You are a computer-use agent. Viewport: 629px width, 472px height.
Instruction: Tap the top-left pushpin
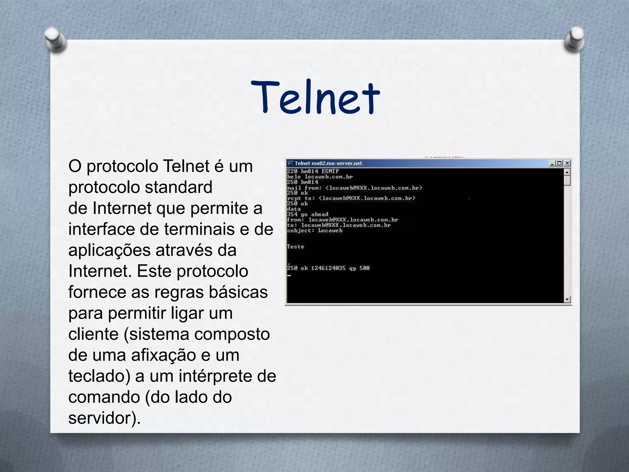coord(55,39)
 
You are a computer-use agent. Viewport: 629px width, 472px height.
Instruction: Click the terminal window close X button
coord(568,163)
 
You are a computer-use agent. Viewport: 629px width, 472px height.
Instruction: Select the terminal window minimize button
coord(553,163)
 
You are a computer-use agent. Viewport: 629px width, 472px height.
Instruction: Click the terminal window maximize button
coord(560,163)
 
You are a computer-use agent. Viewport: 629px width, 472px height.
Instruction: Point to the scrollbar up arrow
coord(567,172)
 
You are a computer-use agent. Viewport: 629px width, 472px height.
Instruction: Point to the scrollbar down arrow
coord(567,299)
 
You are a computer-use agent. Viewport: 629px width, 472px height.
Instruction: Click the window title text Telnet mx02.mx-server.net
coord(328,163)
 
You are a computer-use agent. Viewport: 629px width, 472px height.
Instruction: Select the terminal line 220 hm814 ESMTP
coord(313,171)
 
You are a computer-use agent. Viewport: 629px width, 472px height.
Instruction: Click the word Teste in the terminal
coord(295,246)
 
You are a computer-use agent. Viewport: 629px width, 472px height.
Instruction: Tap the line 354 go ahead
coord(307,214)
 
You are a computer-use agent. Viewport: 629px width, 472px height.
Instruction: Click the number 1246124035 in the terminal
coord(328,268)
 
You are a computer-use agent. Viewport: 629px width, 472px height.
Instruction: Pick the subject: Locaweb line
coord(314,230)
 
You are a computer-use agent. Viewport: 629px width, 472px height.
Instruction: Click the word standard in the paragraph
coord(178,187)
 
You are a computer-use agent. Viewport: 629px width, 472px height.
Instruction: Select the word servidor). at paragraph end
coord(104,418)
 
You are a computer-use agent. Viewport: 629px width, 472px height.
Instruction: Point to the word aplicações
coord(109,250)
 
